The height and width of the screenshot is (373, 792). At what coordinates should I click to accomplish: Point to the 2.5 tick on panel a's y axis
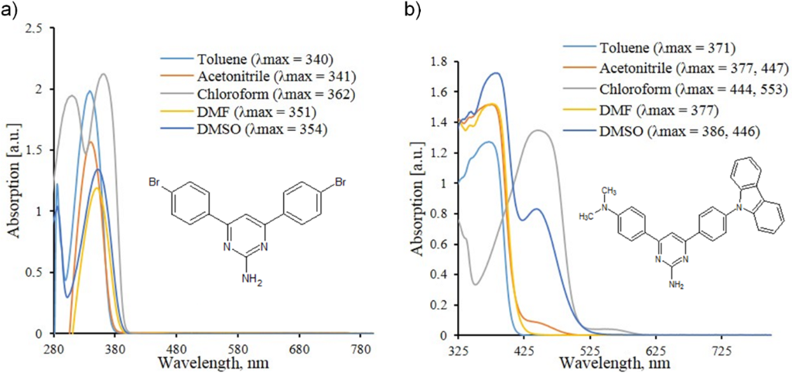pyautogui.click(x=34, y=28)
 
